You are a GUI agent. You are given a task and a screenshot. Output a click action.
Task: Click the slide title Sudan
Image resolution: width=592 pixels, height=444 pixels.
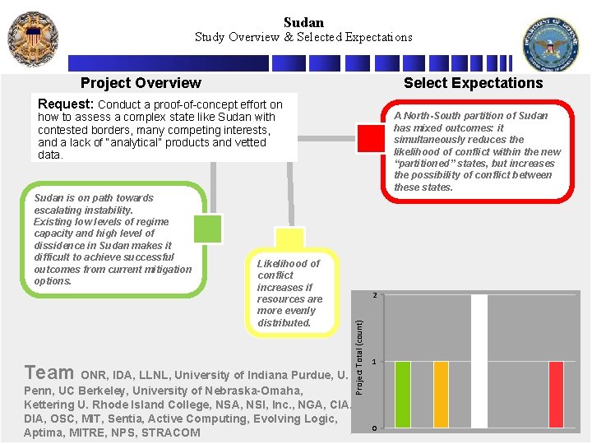[x=303, y=22]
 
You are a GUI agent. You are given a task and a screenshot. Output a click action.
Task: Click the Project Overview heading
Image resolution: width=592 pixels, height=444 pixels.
[x=141, y=83]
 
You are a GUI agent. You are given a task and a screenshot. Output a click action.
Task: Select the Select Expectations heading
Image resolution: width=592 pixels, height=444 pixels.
[x=473, y=83]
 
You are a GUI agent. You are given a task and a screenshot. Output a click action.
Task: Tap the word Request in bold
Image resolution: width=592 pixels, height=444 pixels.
[x=66, y=104]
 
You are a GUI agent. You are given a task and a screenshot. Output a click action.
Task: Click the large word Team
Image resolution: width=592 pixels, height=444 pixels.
[x=49, y=372]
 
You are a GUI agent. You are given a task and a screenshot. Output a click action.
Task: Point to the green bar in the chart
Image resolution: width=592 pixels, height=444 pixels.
[x=403, y=395]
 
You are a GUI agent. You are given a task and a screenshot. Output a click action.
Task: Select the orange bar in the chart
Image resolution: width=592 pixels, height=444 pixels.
[x=441, y=395]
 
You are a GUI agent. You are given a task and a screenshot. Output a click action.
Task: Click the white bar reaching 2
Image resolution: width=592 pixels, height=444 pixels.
[x=479, y=362]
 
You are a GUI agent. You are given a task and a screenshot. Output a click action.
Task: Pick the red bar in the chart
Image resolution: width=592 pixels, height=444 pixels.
[x=556, y=395]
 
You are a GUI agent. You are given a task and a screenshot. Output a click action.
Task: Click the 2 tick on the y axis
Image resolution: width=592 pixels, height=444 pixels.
[x=374, y=295]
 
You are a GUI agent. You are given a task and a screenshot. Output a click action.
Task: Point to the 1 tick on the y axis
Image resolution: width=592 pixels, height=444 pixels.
[x=374, y=363]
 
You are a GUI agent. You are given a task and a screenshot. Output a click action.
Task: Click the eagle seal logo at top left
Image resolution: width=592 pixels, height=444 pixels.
[x=33, y=38]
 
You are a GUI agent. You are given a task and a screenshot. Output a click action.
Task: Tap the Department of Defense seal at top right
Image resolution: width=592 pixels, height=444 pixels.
[x=551, y=43]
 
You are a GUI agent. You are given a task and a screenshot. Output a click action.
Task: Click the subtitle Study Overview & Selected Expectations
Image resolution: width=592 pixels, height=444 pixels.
[x=303, y=37]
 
